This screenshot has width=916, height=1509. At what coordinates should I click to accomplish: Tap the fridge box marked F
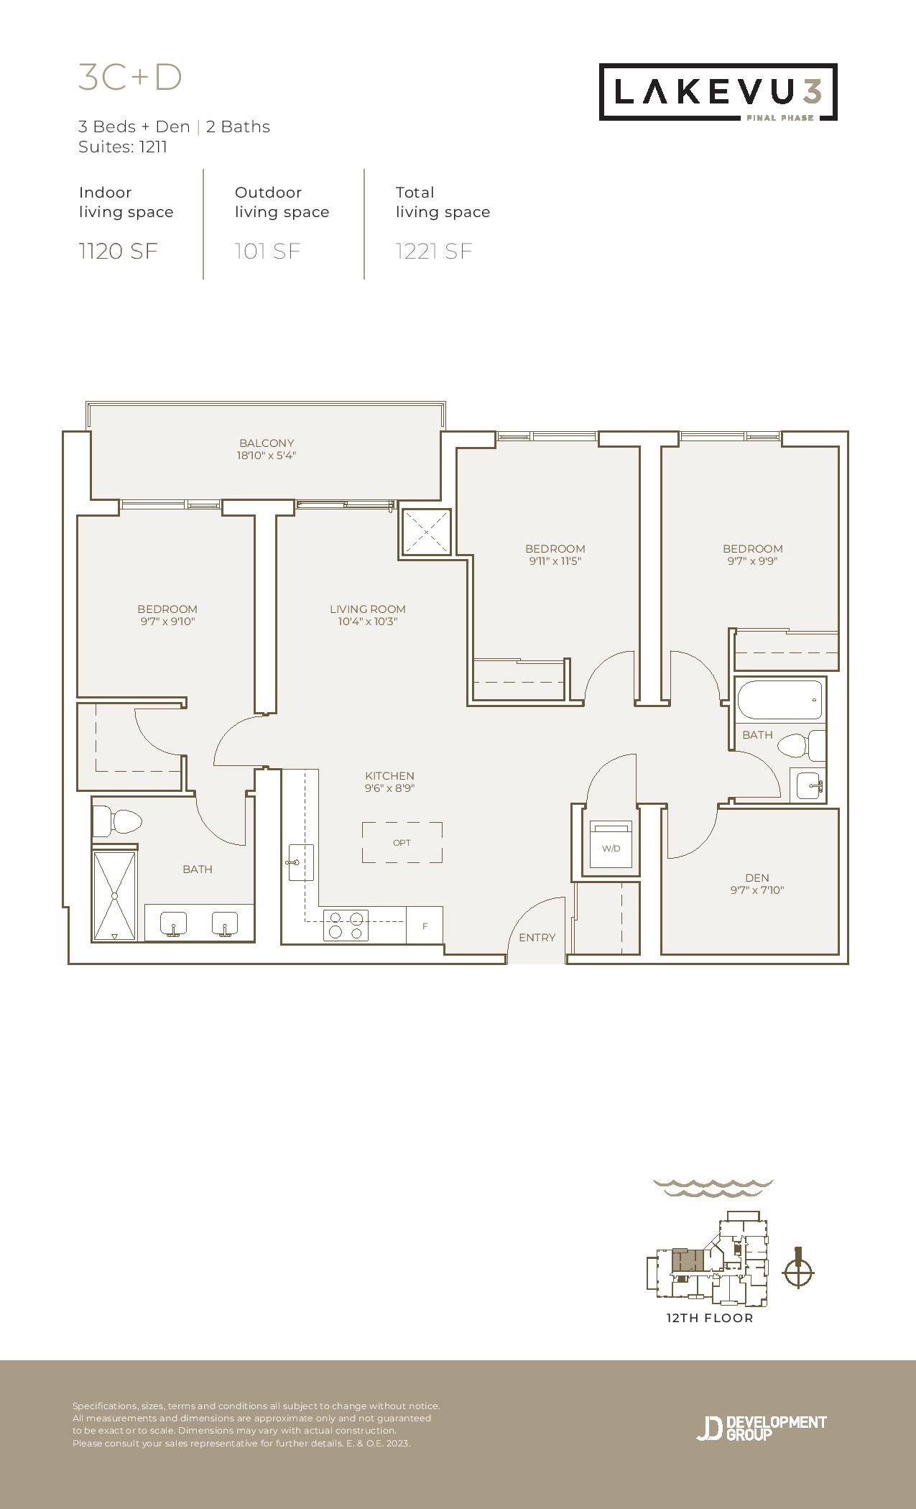[x=425, y=926]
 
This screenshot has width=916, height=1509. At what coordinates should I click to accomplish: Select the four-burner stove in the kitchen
[x=346, y=925]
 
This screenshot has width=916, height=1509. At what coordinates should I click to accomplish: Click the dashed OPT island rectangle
[x=402, y=842]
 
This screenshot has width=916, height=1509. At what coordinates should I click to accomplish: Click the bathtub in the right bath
[x=779, y=700]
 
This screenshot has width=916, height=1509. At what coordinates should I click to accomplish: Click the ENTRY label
[x=537, y=937]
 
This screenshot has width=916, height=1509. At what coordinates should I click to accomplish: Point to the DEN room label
[x=757, y=877]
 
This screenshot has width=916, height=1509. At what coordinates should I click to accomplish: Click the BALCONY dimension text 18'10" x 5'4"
[x=267, y=455]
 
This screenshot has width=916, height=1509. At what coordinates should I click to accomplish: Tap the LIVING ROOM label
[x=368, y=609]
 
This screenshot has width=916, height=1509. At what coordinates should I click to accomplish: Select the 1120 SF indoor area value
[x=118, y=251]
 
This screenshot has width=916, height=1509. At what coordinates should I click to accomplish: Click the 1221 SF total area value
[x=434, y=251]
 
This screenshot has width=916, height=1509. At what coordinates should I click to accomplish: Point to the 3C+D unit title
[x=130, y=78]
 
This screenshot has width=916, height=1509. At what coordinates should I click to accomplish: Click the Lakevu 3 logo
[x=718, y=92]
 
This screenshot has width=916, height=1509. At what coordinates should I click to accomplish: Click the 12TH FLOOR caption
[x=710, y=1318]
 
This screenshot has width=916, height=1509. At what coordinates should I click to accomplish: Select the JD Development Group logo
[x=761, y=1428]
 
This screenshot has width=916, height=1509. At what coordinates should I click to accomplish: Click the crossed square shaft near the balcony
[x=426, y=532]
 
